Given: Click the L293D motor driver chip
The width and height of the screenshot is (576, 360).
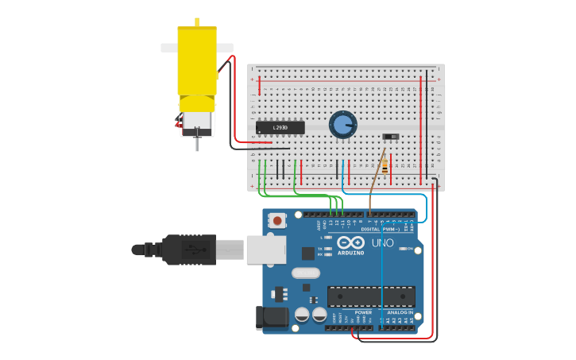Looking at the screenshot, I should pyautogui.click(x=280, y=127).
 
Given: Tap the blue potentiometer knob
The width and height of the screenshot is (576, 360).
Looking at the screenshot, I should pyautogui.click(x=343, y=124).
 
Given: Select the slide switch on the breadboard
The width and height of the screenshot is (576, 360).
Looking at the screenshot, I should pyautogui.click(x=390, y=137).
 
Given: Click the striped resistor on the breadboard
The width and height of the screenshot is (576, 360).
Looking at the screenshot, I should pyautogui.click(x=385, y=165).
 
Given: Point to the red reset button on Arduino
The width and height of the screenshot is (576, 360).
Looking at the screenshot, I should pyautogui.click(x=277, y=219).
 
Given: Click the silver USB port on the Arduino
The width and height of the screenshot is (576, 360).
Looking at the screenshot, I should pyautogui.click(x=265, y=249).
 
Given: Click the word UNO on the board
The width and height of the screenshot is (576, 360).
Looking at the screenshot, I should pyautogui.click(x=383, y=242).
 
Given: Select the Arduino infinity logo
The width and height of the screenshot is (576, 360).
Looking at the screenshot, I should pyautogui.click(x=350, y=242).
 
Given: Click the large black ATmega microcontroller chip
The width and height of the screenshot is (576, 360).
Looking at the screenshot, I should pyautogui.click(x=371, y=296).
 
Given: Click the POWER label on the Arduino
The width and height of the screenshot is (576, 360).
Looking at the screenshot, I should pyautogui.click(x=363, y=312).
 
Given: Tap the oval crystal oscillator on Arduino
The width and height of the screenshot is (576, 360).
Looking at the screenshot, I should pyautogui.click(x=306, y=273).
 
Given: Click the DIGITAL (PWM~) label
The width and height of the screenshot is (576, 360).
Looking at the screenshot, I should pyautogui.click(x=381, y=229).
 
